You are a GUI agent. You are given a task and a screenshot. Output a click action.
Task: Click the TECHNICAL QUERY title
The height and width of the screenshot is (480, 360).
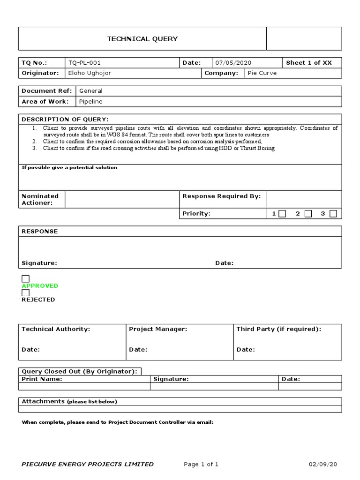[x=142, y=39]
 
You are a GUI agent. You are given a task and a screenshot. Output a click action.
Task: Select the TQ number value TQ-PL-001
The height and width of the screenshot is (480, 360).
[x=84, y=63]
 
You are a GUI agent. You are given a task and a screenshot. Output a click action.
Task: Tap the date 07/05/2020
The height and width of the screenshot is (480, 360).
[x=233, y=63]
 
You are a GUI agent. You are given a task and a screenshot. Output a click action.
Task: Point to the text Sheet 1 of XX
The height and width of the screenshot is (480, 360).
[x=309, y=63]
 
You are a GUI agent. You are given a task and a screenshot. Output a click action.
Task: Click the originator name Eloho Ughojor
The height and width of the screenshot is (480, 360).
[x=90, y=73]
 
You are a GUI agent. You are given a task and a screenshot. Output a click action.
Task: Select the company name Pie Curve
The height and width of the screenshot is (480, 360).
[x=262, y=73]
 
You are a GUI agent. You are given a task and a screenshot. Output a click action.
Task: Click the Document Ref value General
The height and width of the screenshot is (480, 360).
[x=91, y=91]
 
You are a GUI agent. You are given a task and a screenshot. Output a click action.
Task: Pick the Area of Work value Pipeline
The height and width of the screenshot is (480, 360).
[x=91, y=101]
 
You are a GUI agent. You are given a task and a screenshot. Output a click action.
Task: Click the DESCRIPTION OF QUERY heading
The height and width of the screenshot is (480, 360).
[x=65, y=120]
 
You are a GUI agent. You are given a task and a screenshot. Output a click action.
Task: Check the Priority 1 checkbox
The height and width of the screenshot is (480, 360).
[x=282, y=214]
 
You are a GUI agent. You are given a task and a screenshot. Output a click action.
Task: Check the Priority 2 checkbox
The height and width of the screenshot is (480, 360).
[x=308, y=214]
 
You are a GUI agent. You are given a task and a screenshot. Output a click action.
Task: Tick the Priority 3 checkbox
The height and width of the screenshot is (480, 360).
[x=333, y=214]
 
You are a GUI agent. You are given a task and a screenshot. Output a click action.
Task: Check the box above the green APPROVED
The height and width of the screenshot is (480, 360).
[x=26, y=279]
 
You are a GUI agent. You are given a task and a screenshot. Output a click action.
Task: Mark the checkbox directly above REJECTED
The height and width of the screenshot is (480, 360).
[x=26, y=292]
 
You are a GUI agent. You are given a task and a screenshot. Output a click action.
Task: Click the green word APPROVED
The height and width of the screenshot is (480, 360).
[x=40, y=286]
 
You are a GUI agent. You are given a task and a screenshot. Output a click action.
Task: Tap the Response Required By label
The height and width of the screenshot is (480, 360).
[x=221, y=196]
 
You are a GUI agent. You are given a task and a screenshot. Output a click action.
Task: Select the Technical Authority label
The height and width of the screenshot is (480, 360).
[x=56, y=329]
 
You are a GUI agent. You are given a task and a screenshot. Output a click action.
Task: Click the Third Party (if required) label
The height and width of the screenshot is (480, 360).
[x=279, y=329]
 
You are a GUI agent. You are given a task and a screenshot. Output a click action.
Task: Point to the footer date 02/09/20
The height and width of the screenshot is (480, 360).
[x=322, y=465]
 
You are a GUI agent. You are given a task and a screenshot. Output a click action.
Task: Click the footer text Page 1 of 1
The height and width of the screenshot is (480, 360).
[x=201, y=465]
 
